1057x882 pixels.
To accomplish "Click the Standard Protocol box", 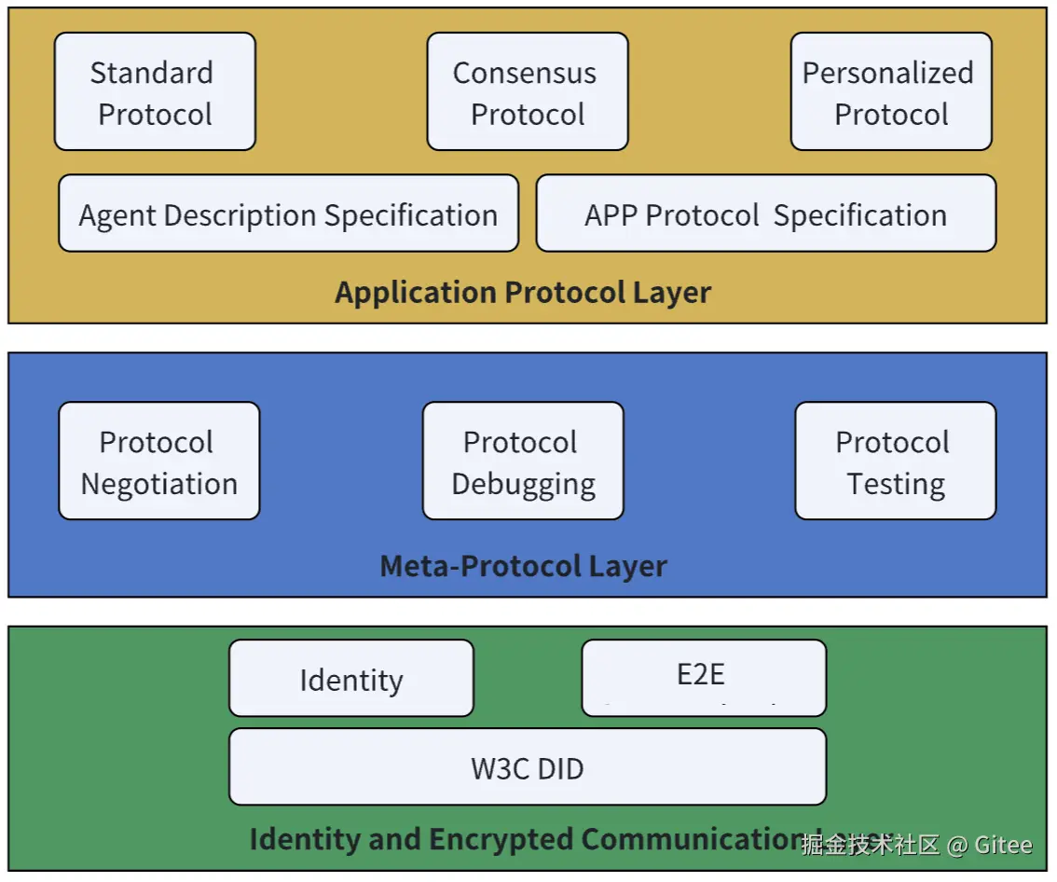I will (155, 92).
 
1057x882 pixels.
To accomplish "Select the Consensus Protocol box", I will (528, 92).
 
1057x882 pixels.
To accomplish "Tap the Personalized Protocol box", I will (891, 92).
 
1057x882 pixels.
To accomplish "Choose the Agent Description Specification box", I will (288, 214).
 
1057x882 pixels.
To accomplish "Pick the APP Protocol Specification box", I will (766, 214).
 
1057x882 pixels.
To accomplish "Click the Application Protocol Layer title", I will (523, 292).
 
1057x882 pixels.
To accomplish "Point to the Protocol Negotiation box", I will (158, 462).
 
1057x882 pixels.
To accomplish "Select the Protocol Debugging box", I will (523, 462).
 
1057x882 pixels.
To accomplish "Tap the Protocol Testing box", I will (895, 462).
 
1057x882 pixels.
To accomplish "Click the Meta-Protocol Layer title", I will (523, 565).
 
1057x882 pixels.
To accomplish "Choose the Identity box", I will (351, 679).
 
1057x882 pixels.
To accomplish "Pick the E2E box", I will (704, 677).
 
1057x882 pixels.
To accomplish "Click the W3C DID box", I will (528, 767).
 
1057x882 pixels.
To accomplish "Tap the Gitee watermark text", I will (1003, 845).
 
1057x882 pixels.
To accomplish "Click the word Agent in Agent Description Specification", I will (114, 215).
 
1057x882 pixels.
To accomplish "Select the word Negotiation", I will (159, 484).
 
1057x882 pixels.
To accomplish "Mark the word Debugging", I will (524, 485).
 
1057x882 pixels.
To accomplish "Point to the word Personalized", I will (888, 73).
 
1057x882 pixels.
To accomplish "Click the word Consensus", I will (525, 73).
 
